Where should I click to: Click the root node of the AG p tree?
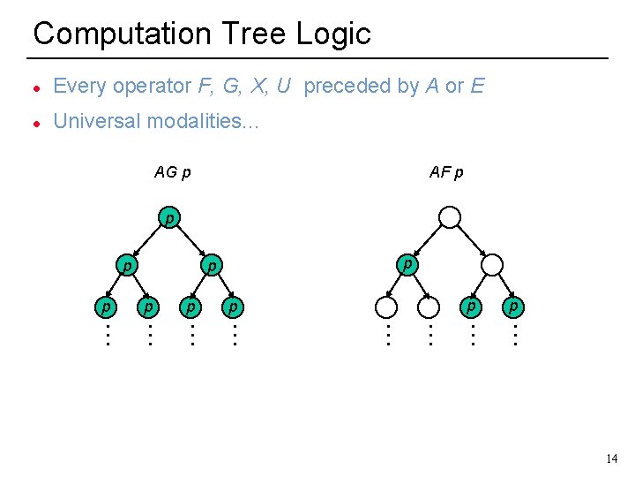168,217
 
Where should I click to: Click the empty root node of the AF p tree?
450,217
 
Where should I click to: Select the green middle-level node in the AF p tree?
407,263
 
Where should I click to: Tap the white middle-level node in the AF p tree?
492,264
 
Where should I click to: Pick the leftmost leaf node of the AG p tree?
106,307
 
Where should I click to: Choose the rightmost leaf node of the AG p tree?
233,307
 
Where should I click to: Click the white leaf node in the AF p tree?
386,307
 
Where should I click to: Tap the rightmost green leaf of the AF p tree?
514,307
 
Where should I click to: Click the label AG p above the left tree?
173,172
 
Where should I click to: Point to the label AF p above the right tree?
446,172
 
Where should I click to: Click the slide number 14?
612,458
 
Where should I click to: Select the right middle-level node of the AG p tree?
212,264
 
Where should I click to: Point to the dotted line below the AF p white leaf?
386,335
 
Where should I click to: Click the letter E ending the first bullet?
477,86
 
